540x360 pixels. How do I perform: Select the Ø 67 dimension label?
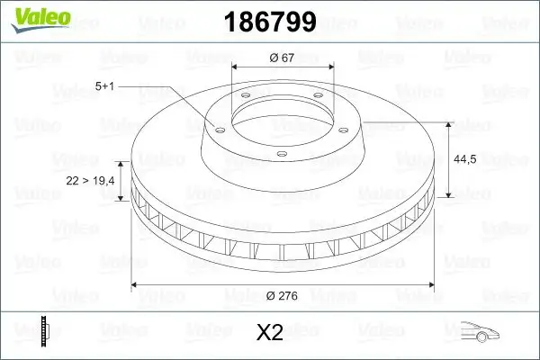(x=282, y=58)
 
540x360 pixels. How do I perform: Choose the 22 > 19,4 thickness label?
(x=90, y=181)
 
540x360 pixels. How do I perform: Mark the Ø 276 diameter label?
(x=282, y=295)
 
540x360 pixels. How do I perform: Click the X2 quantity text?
(x=270, y=333)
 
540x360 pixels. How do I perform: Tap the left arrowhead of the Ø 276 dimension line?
(x=136, y=284)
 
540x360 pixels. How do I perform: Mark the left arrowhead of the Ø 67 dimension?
(x=236, y=67)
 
